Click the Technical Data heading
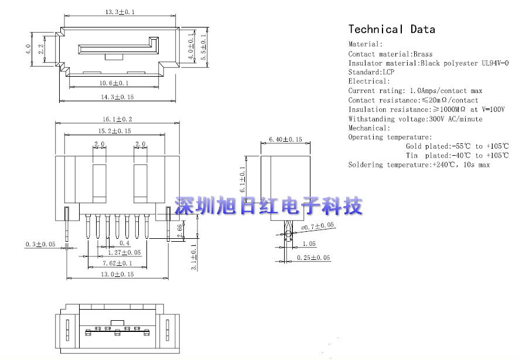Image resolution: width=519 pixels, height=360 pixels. tap(391, 29)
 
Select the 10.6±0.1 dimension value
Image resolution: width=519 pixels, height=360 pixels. tap(114, 84)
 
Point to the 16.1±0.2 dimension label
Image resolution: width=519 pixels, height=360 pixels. tap(117, 118)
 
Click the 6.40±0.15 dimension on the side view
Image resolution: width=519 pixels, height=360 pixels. tap(285, 139)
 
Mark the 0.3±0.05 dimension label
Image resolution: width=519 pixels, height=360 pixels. tap(41, 244)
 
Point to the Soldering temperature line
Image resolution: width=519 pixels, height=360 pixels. tap(419, 165)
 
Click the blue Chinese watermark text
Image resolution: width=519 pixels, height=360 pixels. tap(269, 206)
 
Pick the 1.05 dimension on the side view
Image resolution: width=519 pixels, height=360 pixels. tap(310, 244)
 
